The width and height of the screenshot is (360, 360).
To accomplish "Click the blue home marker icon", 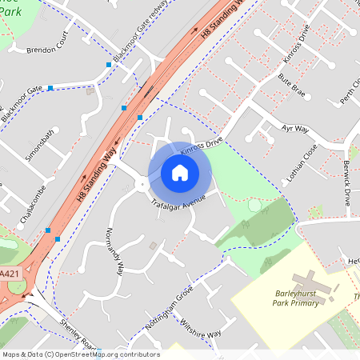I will pyautogui.click(x=180, y=173).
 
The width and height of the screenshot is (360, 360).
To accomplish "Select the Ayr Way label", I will pyautogui.click(x=295, y=129).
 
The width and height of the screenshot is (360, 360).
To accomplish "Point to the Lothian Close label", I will pyautogui.click(x=301, y=160).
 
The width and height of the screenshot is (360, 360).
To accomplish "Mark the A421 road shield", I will pyautogui.click(x=9, y=274).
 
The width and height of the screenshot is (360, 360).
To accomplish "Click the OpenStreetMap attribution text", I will pyautogui.click(x=81, y=354).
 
